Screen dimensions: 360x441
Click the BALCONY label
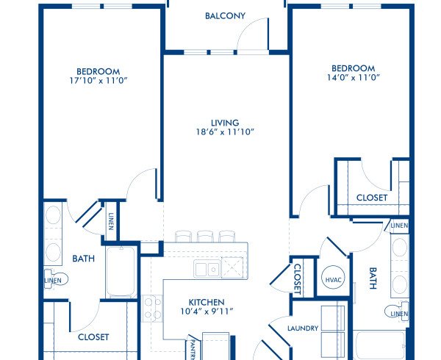point(225,16)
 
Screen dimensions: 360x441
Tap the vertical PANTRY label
point(193,348)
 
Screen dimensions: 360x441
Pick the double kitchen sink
point(206,269)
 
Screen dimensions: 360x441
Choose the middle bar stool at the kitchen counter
point(204,236)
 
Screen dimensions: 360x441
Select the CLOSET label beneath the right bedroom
point(371,198)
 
